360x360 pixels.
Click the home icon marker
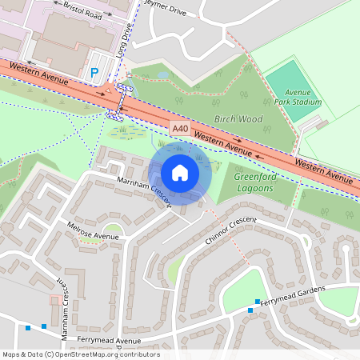pos(180,172)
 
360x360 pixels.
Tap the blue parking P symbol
pos(94,73)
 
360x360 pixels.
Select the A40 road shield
pos(180,127)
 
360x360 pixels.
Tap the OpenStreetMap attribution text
pos(80,354)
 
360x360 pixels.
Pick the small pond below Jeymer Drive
pos(163,74)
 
